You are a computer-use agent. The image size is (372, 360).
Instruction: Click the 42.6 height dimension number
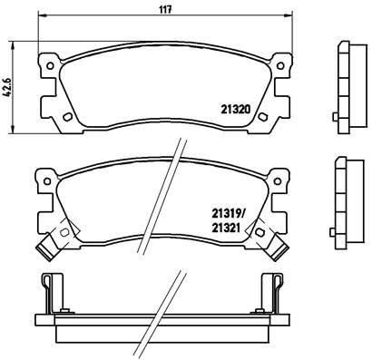coord(9,89)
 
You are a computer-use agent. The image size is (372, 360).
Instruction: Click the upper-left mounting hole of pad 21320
coord(46,64)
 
